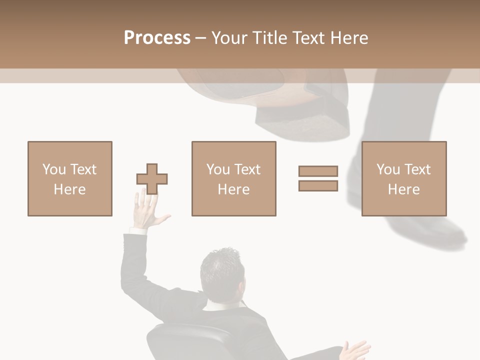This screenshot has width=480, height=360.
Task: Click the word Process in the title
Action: click(x=157, y=38)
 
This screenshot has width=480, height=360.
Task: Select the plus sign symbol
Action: click(x=152, y=178)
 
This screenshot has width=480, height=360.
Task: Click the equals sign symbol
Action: click(x=318, y=178)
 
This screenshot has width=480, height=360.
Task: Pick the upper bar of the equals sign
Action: click(x=318, y=171)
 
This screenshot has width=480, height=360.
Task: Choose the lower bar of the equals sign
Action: click(x=318, y=185)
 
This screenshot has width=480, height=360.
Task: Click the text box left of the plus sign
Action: click(x=70, y=178)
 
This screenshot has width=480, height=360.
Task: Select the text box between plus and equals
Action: click(x=233, y=178)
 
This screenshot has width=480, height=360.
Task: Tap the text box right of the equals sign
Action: click(x=403, y=178)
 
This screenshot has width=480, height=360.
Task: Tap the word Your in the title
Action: click(x=230, y=38)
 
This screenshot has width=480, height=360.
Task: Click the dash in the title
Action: click(x=200, y=38)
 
